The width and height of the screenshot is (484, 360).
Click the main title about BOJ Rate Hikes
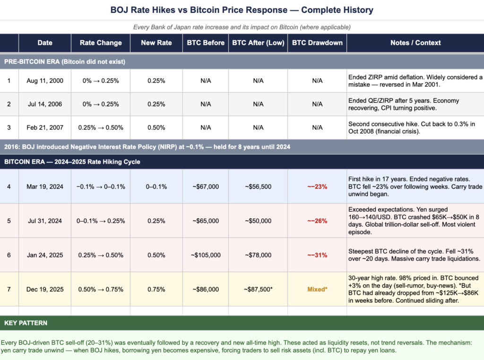pos(242,10)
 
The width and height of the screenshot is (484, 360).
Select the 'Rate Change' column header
pos(100,43)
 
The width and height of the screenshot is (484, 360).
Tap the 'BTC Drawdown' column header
pos(317,43)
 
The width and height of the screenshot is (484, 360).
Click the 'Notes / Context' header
pos(415,43)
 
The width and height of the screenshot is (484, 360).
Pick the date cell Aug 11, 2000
pos(45,81)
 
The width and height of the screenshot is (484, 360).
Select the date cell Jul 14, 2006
pos(45,104)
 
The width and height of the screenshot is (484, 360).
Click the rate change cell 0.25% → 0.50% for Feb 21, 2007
pos(100,127)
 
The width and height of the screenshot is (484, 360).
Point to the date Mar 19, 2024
pos(45,187)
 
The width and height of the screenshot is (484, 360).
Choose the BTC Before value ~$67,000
pos(206,187)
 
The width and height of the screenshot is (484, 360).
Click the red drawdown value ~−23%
pos(317,187)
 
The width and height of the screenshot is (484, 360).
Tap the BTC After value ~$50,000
pos(258,221)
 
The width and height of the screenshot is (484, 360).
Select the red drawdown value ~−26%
pos(317,221)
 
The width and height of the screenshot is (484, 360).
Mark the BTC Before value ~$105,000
pos(206,255)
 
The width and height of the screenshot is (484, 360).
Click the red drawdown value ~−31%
pos(317,255)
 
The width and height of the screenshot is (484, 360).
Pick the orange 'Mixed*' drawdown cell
pos(317,289)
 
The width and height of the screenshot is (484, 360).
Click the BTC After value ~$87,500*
pos(258,289)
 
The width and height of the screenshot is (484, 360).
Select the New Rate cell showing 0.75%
pos(156,289)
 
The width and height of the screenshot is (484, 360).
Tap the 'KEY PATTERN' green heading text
pos(26,323)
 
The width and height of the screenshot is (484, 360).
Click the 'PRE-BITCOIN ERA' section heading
pos(65,61)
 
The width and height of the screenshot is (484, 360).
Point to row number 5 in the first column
pos(9,221)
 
